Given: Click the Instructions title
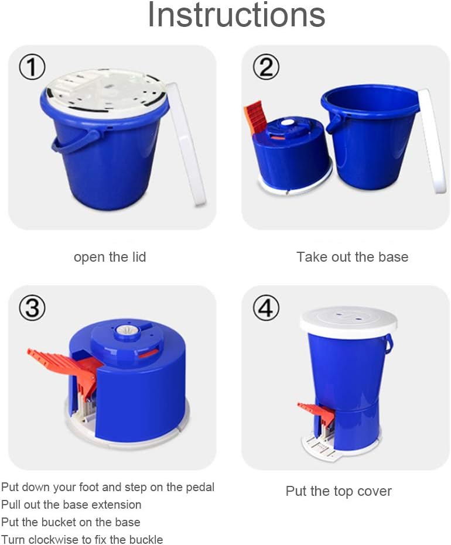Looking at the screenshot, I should (x=236, y=16).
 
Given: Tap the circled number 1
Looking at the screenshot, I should (x=32, y=68).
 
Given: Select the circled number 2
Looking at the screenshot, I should (x=266, y=68).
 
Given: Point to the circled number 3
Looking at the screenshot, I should (x=32, y=308).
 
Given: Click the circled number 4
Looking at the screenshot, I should (x=266, y=308).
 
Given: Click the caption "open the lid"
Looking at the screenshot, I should (x=110, y=257).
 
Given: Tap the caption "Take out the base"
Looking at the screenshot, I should (x=352, y=257).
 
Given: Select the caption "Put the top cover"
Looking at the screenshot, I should (x=339, y=491).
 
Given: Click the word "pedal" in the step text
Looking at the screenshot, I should (x=200, y=487).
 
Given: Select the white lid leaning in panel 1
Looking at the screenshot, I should (x=186, y=143).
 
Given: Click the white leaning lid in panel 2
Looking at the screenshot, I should (x=432, y=140).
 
